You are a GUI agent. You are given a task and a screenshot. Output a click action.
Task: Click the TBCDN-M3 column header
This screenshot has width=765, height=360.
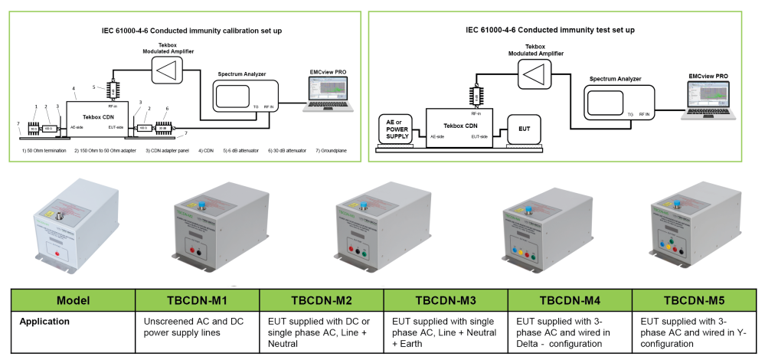point(445,299)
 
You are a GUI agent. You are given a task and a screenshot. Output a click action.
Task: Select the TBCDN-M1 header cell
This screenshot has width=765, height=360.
point(196,299)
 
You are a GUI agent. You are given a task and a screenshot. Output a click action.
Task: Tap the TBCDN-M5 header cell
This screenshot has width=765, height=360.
point(694,299)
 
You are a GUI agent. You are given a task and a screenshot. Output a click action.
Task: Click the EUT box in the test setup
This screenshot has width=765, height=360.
point(525,128)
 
